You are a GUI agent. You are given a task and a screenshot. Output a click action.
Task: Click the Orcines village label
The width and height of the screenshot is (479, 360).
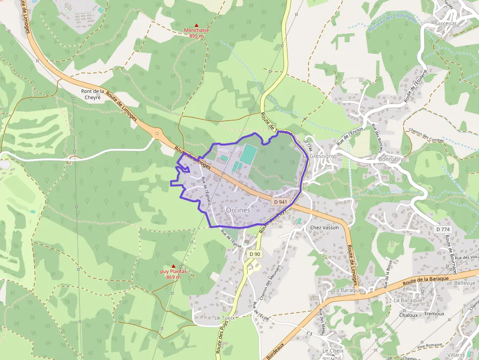(x=238, y=210)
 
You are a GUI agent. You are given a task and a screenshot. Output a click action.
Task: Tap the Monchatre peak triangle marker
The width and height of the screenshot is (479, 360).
(x=196, y=25)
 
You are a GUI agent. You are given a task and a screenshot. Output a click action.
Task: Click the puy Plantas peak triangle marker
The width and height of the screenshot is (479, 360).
(x=173, y=266)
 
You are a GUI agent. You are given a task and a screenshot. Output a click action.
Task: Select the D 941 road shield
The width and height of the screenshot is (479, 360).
(x=280, y=202)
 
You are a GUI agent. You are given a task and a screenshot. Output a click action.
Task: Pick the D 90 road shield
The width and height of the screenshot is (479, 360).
(x=255, y=254)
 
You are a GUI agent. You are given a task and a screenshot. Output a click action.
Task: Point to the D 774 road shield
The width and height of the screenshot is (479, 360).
(x=442, y=229)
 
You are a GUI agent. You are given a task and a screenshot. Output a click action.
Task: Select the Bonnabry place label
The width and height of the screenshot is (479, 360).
(x=391, y=160)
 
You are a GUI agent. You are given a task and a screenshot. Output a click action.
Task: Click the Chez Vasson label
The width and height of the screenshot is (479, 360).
(x=325, y=228)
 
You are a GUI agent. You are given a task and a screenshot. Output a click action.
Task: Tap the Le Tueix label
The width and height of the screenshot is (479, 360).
(x=225, y=318)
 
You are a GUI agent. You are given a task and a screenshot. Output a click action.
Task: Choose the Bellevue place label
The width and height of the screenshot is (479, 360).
(x=464, y=283)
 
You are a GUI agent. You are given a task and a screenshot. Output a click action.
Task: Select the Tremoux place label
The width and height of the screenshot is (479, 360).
(x=435, y=314)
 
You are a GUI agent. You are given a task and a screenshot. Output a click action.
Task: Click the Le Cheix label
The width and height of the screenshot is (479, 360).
(x=333, y=351)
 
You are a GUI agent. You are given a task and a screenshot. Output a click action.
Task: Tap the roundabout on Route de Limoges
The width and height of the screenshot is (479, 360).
(x=157, y=132)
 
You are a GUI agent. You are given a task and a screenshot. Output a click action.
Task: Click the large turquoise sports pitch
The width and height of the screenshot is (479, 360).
(x=248, y=154)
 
